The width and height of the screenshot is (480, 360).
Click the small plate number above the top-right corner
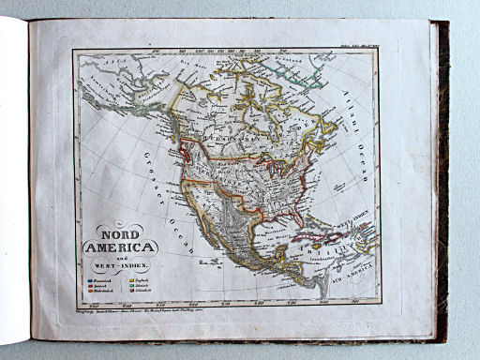359,44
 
